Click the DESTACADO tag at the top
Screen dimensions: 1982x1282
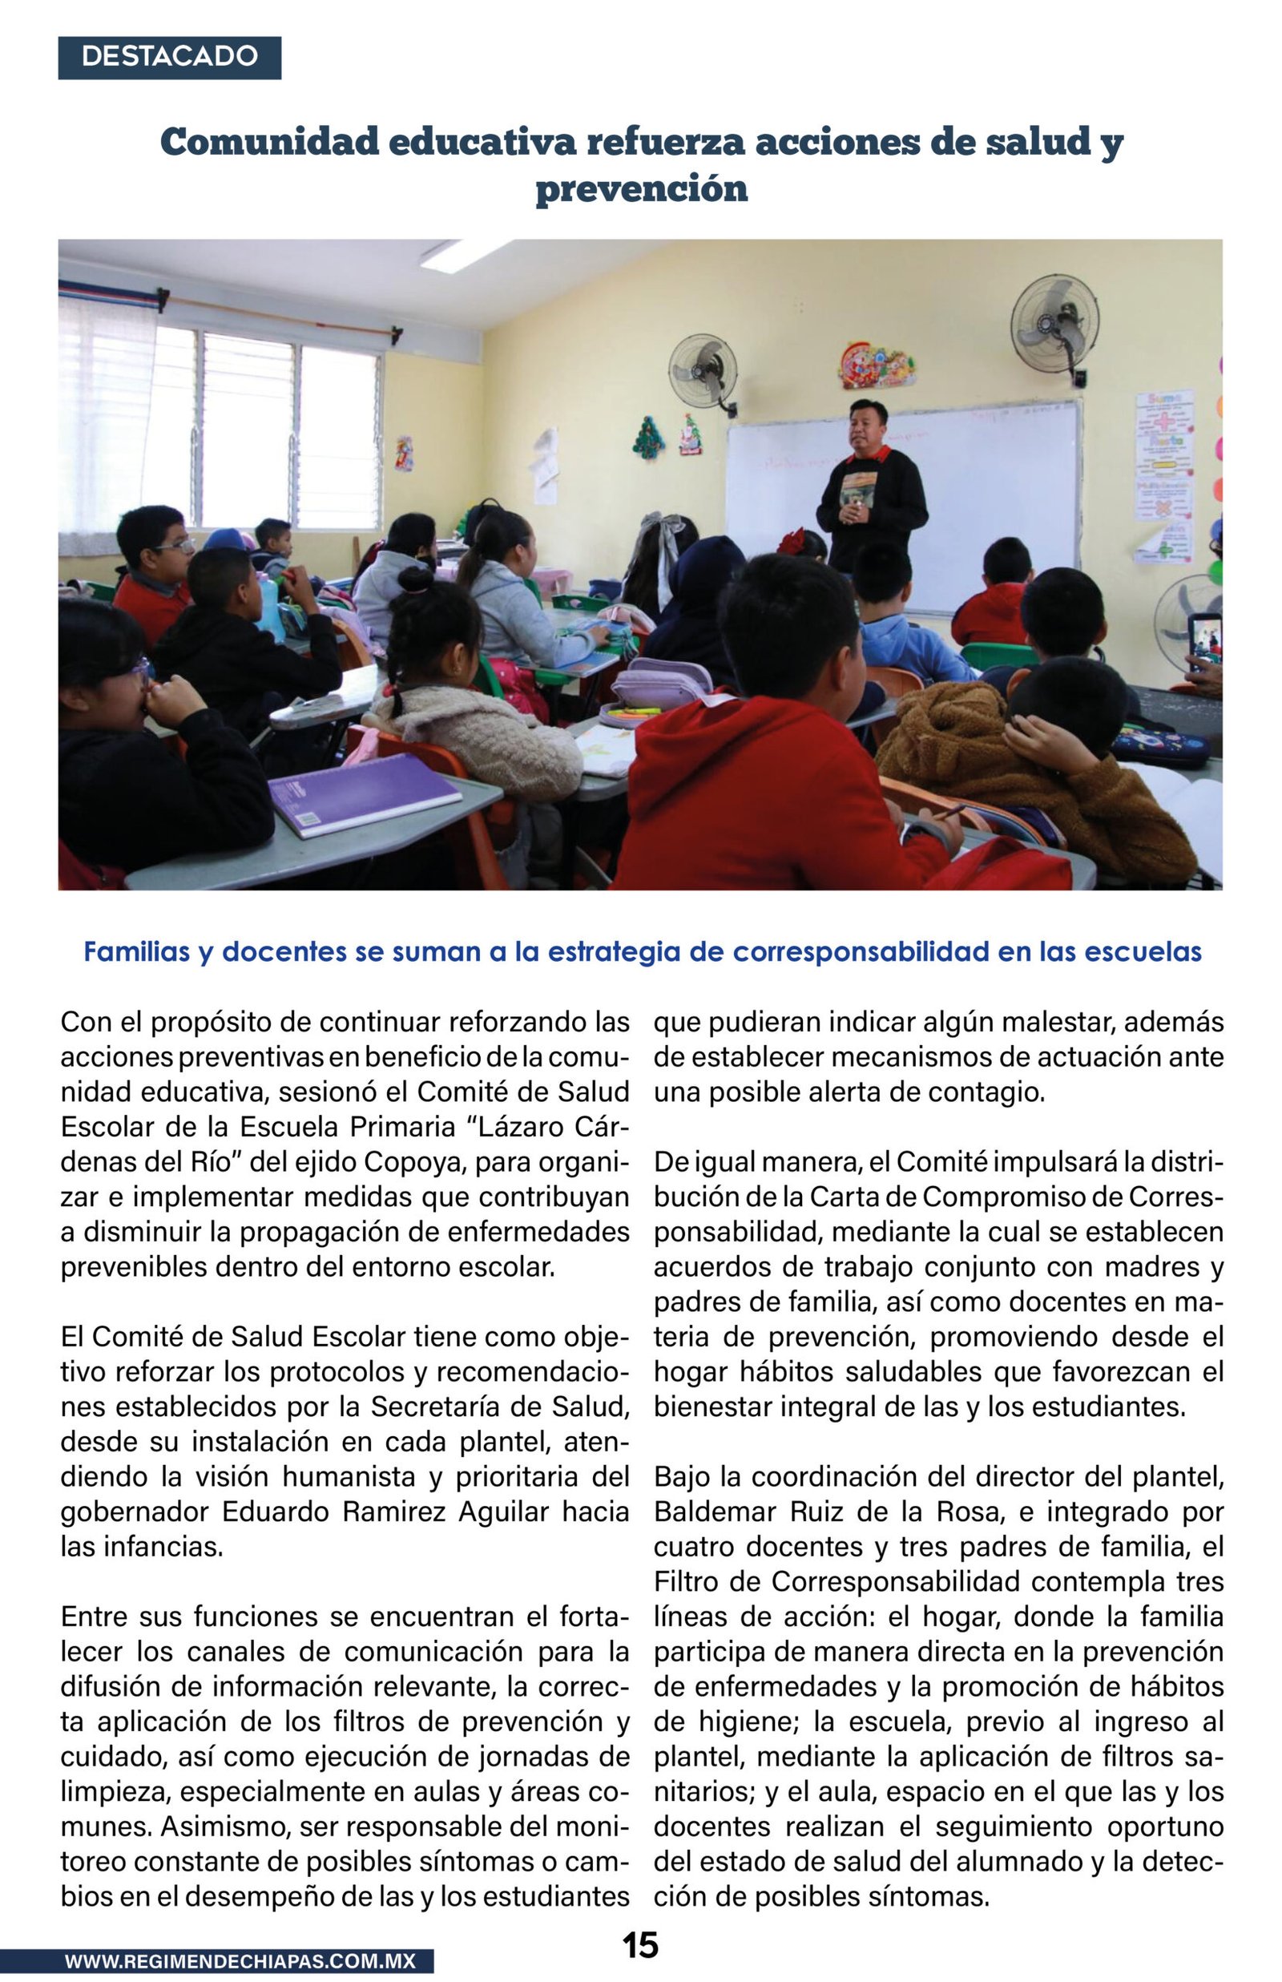click(x=169, y=57)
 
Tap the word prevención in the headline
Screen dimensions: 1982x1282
click(x=641, y=189)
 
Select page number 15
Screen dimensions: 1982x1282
click(x=640, y=1945)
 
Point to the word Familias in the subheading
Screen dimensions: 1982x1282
click(x=136, y=951)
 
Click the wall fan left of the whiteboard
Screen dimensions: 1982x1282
click(x=703, y=369)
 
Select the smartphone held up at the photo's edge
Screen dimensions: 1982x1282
click(x=1204, y=641)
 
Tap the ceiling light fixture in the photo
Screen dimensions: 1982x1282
click(x=466, y=254)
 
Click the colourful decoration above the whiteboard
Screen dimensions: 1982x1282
click(x=876, y=365)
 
